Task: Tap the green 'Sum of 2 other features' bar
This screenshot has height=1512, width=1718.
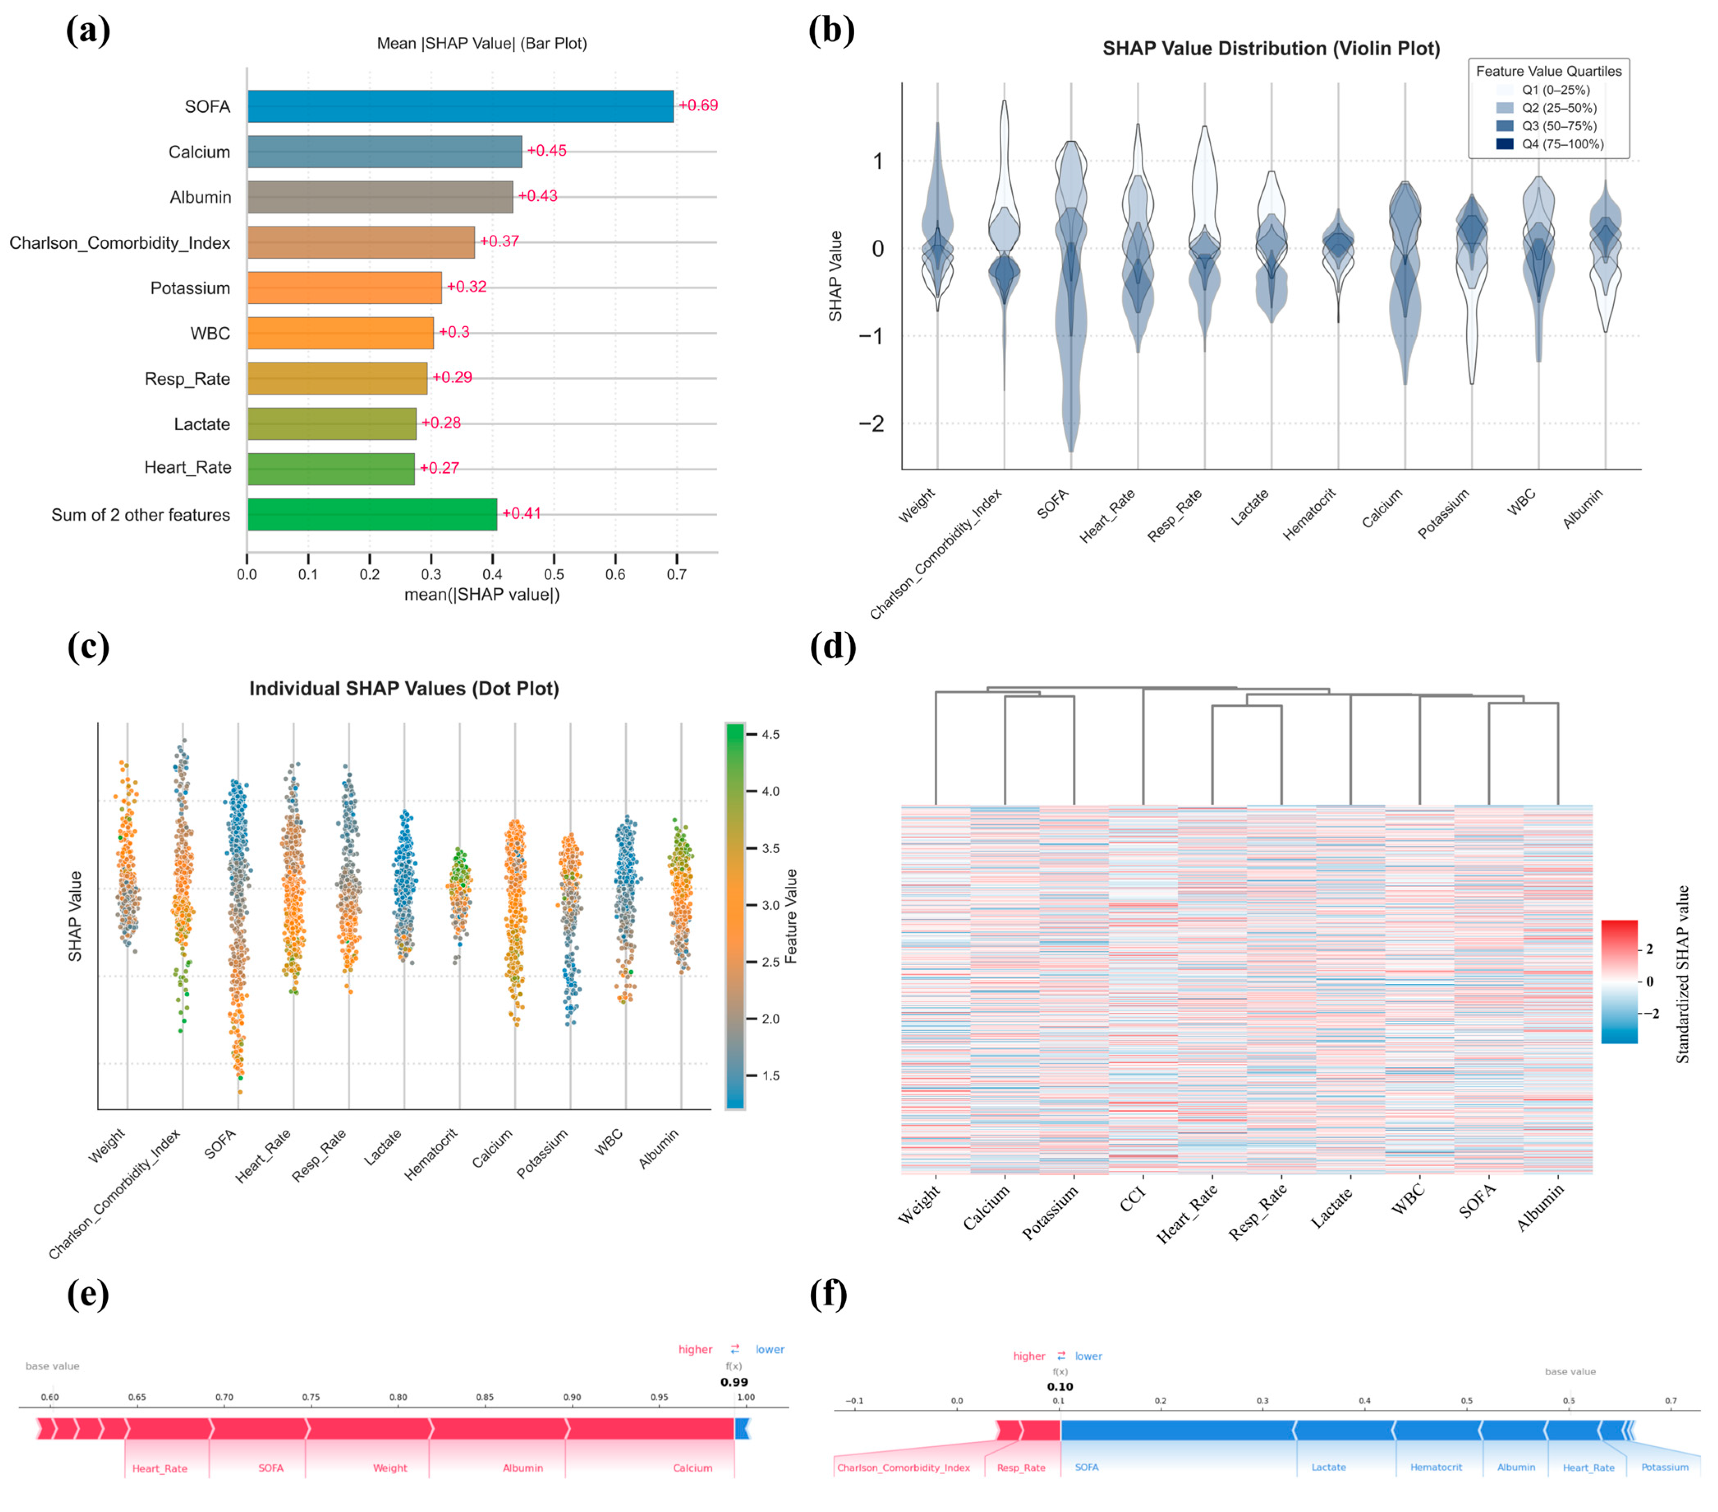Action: click(372, 514)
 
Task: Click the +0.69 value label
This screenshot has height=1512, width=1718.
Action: click(698, 105)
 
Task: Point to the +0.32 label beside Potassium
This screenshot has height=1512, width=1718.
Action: click(466, 287)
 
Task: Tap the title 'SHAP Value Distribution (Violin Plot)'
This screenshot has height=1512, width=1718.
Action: click(1271, 49)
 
